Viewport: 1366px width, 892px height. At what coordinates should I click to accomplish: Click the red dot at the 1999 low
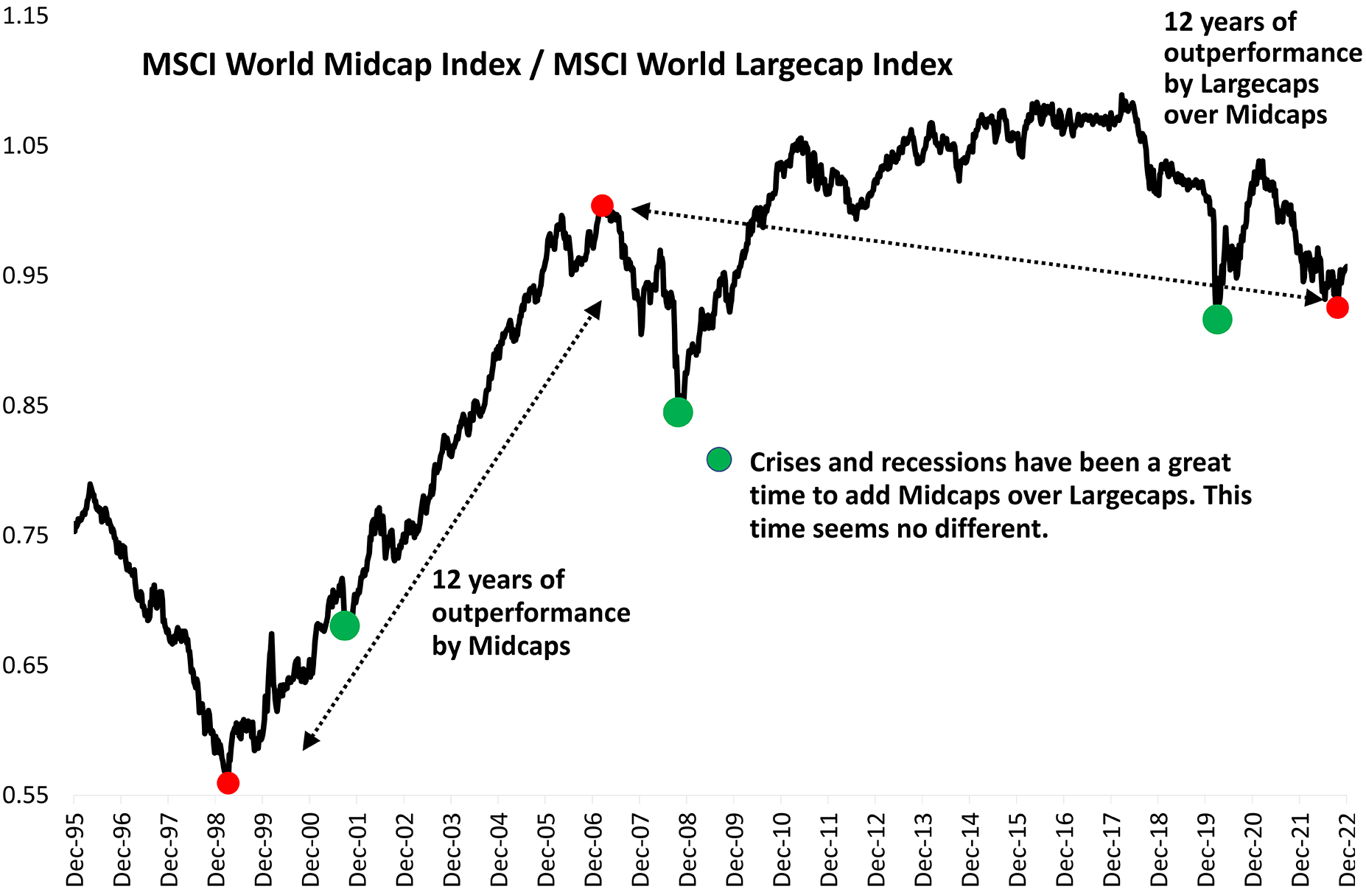tap(228, 782)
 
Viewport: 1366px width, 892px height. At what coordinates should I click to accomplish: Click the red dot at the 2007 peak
tap(602, 206)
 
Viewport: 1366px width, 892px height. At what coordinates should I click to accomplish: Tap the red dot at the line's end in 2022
tap(1337, 308)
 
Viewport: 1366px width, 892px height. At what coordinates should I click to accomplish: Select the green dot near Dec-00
tap(345, 625)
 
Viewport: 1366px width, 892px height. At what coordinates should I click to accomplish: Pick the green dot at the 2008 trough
tap(678, 412)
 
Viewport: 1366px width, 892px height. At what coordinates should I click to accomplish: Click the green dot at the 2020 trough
tap(1217, 319)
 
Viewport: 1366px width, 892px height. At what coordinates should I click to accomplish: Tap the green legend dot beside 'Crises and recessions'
tap(719, 460)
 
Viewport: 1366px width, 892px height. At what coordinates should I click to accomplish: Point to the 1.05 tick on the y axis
tap(25, 146)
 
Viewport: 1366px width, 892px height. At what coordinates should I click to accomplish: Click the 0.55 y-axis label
tap(25, 796)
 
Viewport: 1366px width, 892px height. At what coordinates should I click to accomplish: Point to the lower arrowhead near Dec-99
tap(310, 741)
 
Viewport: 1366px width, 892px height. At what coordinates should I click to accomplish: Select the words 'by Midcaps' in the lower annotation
tap(501, 646)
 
